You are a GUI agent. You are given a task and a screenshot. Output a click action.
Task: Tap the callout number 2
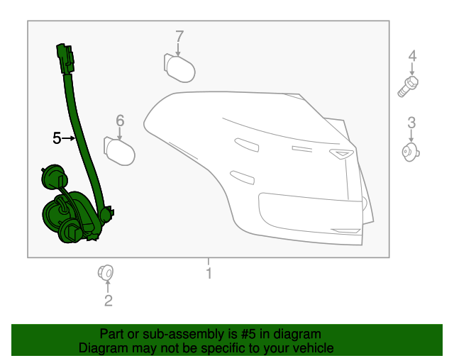point(108,301)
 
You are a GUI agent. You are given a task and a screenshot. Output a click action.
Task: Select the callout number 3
point(411,123)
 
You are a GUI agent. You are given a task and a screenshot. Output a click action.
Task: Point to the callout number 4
point(411,57)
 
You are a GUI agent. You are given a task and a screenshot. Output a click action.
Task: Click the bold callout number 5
point(57,138)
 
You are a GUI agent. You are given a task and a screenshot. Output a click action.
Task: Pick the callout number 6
point(120,121)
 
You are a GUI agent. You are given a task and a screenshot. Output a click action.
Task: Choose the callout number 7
point(179,36)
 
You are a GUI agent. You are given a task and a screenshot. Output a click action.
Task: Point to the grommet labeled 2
point(106,272)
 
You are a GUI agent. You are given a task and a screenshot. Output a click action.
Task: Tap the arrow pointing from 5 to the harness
point(69,138)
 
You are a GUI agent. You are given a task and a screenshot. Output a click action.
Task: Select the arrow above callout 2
point(108,286)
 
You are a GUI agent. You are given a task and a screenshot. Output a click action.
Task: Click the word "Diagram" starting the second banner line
point(104,348)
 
